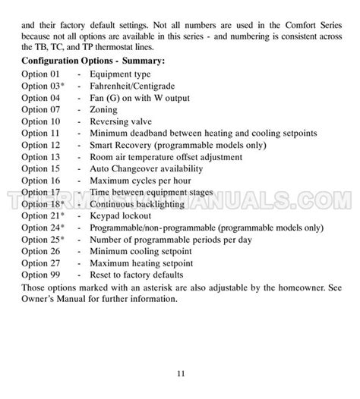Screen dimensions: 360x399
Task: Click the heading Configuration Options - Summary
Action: coord(93,60)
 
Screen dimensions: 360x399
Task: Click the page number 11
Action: coord(180,373)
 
